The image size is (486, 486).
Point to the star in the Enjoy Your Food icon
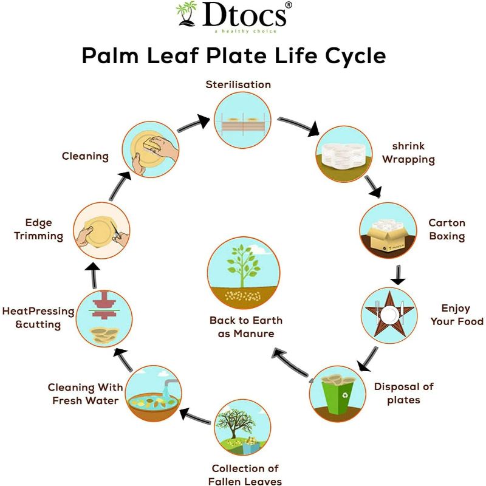click(389, 314)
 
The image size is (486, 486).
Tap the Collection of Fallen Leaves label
click(246, 474)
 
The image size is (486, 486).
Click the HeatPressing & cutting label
click(38, 318)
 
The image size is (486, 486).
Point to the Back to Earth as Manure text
click(246, 327)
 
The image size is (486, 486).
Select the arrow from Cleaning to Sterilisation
click(194, 123)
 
